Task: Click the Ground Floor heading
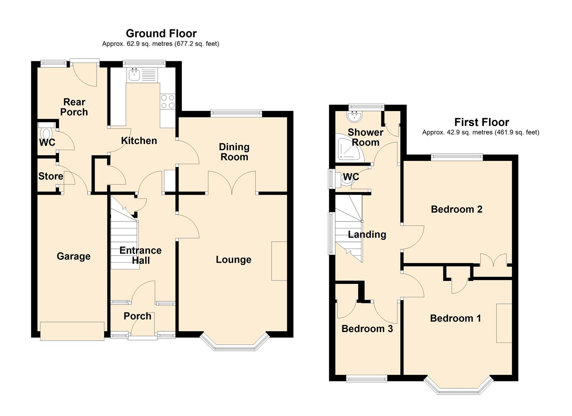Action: click(161, 34)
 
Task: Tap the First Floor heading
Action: click(481, 122)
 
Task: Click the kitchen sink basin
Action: click(134, 74)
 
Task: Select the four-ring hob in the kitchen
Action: click(168, 101)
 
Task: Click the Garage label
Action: click(74, 256)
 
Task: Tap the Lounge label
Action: click(233, 260)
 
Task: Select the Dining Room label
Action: click(234, 152)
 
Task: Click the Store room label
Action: click(50, 176)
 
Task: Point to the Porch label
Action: click(138, 316)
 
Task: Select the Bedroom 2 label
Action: click(456, 209)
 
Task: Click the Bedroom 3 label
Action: click(367, 329)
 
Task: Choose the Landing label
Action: click(367, 235)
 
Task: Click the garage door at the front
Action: click(72, 331)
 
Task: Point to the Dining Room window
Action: click(236, 114)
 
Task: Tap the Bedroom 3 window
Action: click(367, 379)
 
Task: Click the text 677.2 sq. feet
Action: click(196, 44)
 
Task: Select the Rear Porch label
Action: click(74, 107)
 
